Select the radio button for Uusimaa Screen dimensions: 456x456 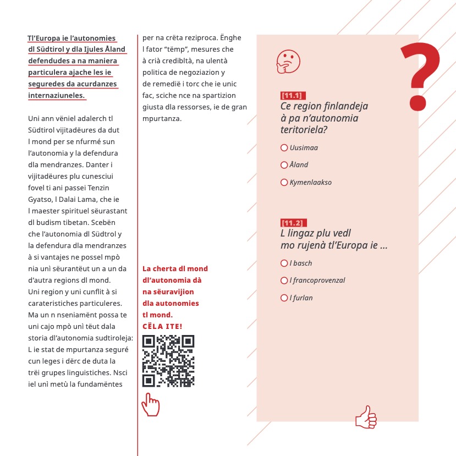(x=284, y=147)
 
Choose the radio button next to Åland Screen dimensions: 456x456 (x=284, y=165)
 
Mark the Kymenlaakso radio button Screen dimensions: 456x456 (x=284, y=182)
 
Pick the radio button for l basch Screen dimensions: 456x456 (x=284, y=263)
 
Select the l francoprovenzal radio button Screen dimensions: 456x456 (x=284, y=281)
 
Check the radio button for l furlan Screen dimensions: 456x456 (x=284, y=298)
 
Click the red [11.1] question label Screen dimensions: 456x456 (x=293, y=95)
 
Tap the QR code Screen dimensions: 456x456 (x=168, y=361)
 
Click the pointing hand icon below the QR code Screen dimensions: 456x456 (x=150, y=405)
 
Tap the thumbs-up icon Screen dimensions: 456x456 (x=366, y=417)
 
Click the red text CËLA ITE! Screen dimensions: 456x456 (x=162, y=326)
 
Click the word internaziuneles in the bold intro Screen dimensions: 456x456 (x=57, y=95)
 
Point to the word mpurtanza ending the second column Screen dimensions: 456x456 (x=162, y=118)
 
